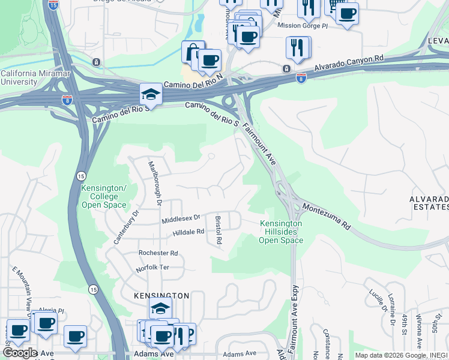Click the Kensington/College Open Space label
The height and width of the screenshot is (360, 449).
coord(104,196)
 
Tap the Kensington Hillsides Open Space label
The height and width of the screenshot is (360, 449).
coord(280,232)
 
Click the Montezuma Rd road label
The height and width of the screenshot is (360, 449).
coord(326,216)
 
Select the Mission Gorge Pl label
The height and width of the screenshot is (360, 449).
coord(303,25)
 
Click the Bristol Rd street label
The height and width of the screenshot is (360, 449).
coord(218,230)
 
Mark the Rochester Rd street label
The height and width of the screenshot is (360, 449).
coord(158,253)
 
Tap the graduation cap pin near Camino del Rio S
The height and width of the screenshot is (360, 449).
coord(150,94)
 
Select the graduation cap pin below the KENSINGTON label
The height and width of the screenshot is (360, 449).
coord(160,308)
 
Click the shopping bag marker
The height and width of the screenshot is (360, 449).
coord(193,52)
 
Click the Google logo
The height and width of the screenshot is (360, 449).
coord(19,353)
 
